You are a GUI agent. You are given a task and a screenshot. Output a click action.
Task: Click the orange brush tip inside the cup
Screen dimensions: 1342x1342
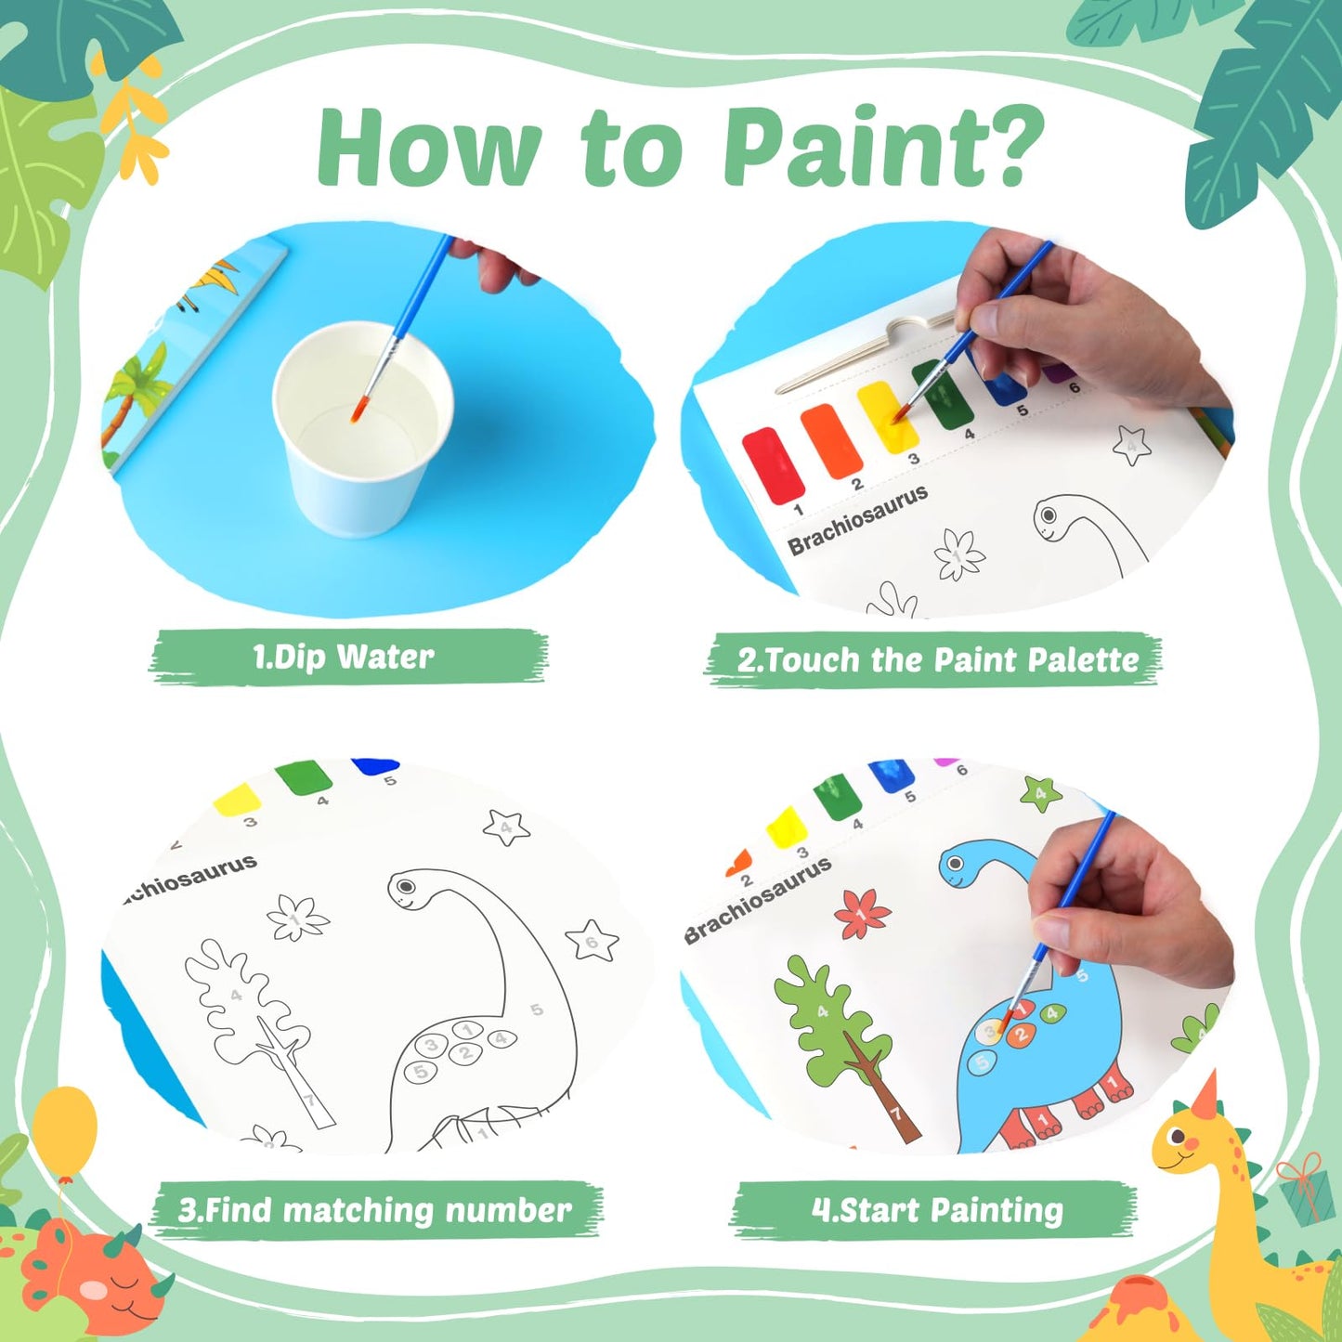coord(356,413)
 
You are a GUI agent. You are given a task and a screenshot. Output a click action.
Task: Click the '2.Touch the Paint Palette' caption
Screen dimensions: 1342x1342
coord(936,660)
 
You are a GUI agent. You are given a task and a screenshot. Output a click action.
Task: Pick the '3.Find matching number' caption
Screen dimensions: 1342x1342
coord(375,1210)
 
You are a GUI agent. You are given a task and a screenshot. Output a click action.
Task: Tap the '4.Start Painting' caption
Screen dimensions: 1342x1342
coord(936,1210)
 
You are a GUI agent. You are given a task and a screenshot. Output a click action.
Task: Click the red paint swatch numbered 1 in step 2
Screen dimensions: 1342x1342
coord(773,464)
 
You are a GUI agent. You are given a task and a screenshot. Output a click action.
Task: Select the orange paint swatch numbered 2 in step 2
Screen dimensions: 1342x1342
coord(830,440)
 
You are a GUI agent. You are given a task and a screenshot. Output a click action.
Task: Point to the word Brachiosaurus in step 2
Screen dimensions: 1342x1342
coord(857,520)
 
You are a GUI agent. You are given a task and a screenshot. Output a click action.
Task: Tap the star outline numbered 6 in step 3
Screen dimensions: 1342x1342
coord(592,941)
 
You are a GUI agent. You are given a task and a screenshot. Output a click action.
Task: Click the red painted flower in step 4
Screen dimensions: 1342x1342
coord(861,914)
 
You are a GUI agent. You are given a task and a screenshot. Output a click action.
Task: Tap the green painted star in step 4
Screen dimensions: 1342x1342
coord(1040,793)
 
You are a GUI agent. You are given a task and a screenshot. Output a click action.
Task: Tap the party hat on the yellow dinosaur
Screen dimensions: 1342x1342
coord(1205,1096)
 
